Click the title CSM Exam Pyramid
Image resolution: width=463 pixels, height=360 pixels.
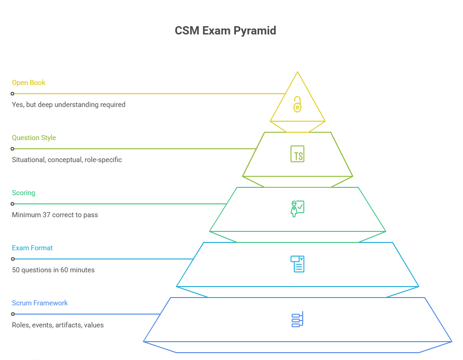pyautogui.click(x=226, y=31)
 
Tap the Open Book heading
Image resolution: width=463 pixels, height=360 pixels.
pyautogui.click(x=28, y=83)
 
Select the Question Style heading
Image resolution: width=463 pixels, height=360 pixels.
pyautogui.click(x=34, y=138)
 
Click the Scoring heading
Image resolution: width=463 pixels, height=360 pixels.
pyautogui.click(x=23, y=193)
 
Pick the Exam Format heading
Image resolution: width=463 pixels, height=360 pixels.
pyautogui.click(x=32, y=248)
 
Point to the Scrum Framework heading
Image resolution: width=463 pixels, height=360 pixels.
pyautogui.click(x=40, y=303)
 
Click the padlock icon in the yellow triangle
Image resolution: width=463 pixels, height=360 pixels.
pyautogui.click(x=297, y=104)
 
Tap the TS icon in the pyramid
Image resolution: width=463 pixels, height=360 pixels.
pyautogui.click(x=297, y=154)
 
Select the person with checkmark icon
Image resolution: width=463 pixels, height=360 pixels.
pyautogui.click(x=297, y=208)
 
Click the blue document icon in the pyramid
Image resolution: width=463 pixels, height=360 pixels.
pyautogui.click(x=297, y=264)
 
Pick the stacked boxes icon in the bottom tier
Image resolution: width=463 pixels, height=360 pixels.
pyautogui.click(x=297, y=320)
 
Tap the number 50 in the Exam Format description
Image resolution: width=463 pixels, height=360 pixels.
pyautogui.click(x=16, y=270)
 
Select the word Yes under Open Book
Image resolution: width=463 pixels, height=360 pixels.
pyautogui.click(x=17, y=105)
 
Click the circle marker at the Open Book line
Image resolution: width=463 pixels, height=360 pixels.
pyautogui.click(x=12, y=94)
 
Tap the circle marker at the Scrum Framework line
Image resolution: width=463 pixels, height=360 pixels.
pyautogui.click(x=12, y=314)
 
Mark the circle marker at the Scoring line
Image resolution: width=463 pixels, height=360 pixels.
pyautogui.click(x=12, y=204)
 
